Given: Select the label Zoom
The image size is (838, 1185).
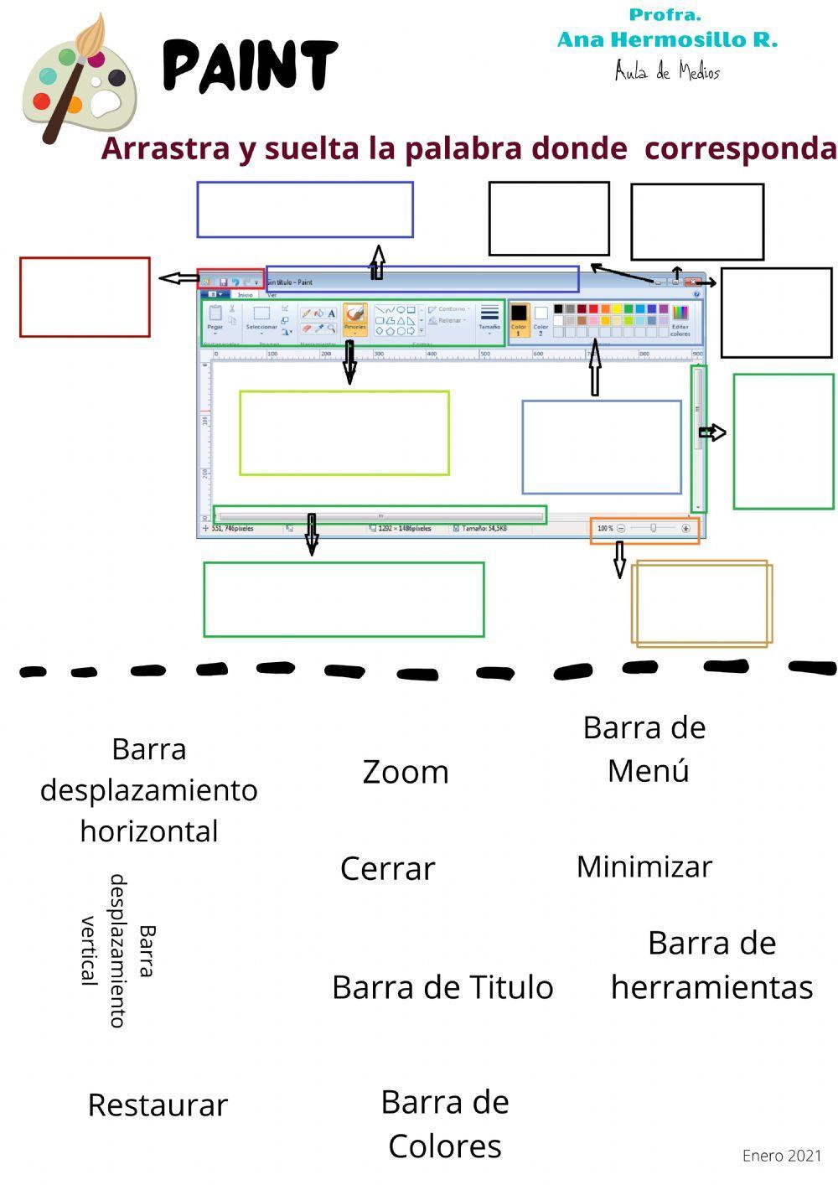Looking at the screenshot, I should [x=406, y=772].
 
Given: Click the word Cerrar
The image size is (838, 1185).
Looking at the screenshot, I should [x=387, y=868].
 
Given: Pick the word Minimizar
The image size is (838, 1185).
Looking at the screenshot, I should [x=644, y=866].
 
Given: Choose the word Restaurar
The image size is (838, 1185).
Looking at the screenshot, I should [x=158, y=1105].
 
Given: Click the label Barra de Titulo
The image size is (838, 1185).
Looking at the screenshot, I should [x=442, y=987].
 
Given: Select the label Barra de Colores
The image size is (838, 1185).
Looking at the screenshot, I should [x=444, y=1124].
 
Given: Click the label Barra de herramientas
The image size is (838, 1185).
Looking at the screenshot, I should [x=711, y=965].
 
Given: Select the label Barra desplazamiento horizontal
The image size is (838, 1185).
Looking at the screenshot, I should [x=149, y=789].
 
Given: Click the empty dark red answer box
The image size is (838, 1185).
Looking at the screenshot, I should [x=85, y=297].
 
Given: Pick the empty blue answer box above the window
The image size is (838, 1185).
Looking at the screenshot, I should [x=305, y=210].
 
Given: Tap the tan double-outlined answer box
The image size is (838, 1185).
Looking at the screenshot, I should [x=701, y=603].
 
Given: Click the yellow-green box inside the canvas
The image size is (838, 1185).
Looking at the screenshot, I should [x=344, y=432].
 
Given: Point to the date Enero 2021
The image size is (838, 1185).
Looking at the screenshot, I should [x=781, y=1156].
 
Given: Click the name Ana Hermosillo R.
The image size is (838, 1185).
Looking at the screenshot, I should [x=667, y=39].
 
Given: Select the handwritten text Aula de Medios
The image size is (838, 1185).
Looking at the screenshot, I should [x=667, y=71].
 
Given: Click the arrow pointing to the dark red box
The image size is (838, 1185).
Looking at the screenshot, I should [x=177, y=278].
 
